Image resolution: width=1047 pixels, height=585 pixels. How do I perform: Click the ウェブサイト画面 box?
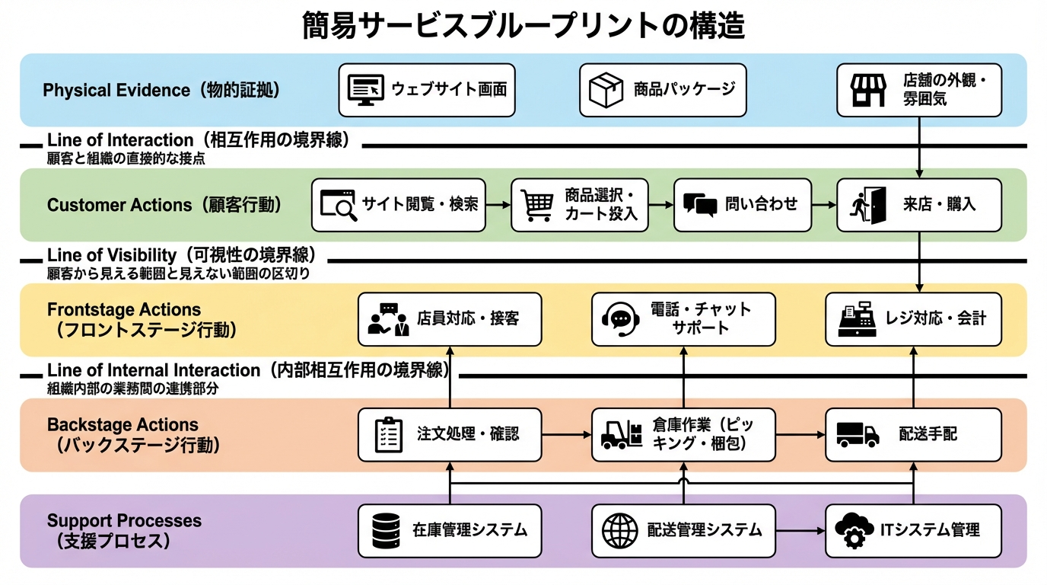(x=426, y=90)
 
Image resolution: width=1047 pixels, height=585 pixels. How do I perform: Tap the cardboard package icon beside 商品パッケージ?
(x=606, y=90)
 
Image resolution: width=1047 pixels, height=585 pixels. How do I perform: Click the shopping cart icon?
(x=537, y=205)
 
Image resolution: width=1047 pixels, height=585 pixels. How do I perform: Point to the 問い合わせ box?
(x=742, y=205)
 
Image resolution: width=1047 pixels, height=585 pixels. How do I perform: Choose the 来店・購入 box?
(x=918, y=205)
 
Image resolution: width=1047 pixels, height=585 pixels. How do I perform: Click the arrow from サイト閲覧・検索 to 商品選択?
(x=498, y=205)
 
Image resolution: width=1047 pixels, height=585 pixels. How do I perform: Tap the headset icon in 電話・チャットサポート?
(x=620, y=318)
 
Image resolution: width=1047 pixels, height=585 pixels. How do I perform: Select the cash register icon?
(x=857, y=319)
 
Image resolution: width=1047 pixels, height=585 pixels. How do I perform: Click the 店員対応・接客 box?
(x=450, y=319)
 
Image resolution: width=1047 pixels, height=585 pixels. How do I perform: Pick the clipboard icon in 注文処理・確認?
(x=389, y=434)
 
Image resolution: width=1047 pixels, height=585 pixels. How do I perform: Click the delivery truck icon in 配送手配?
(x=858, y=434)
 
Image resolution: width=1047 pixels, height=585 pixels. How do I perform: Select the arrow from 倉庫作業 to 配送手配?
(x=800, y=434)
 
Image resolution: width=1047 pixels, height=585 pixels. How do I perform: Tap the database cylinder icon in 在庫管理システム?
(x=386, y=530)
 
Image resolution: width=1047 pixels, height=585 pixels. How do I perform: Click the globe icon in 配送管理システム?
(x=620, y=530)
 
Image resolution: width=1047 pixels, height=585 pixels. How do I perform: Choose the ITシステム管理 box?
(x=912, y=530)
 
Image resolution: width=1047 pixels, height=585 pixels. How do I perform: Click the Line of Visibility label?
(x=181, y=255)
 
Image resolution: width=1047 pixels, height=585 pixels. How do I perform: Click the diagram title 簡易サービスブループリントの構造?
(x=523, y=26)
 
